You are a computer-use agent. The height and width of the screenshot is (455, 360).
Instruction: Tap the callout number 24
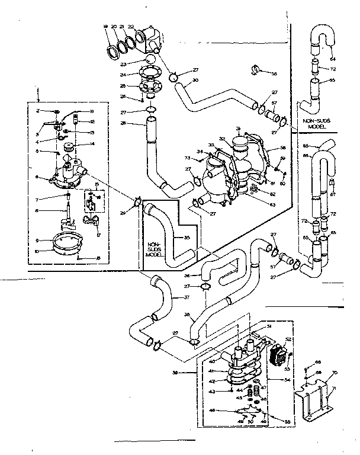pyautogui.click(x=123, y=75)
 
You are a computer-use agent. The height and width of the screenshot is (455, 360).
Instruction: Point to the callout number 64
pyautogui.click(x=332, y=59)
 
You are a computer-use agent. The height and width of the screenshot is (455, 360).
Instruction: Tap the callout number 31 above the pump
pyautogui.click(x=237, y=129)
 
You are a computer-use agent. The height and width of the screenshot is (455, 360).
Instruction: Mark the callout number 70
pyautogui.click(x=335, y=373)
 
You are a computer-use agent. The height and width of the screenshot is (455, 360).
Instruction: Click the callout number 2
pyautogui.click(x=37, y=111)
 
